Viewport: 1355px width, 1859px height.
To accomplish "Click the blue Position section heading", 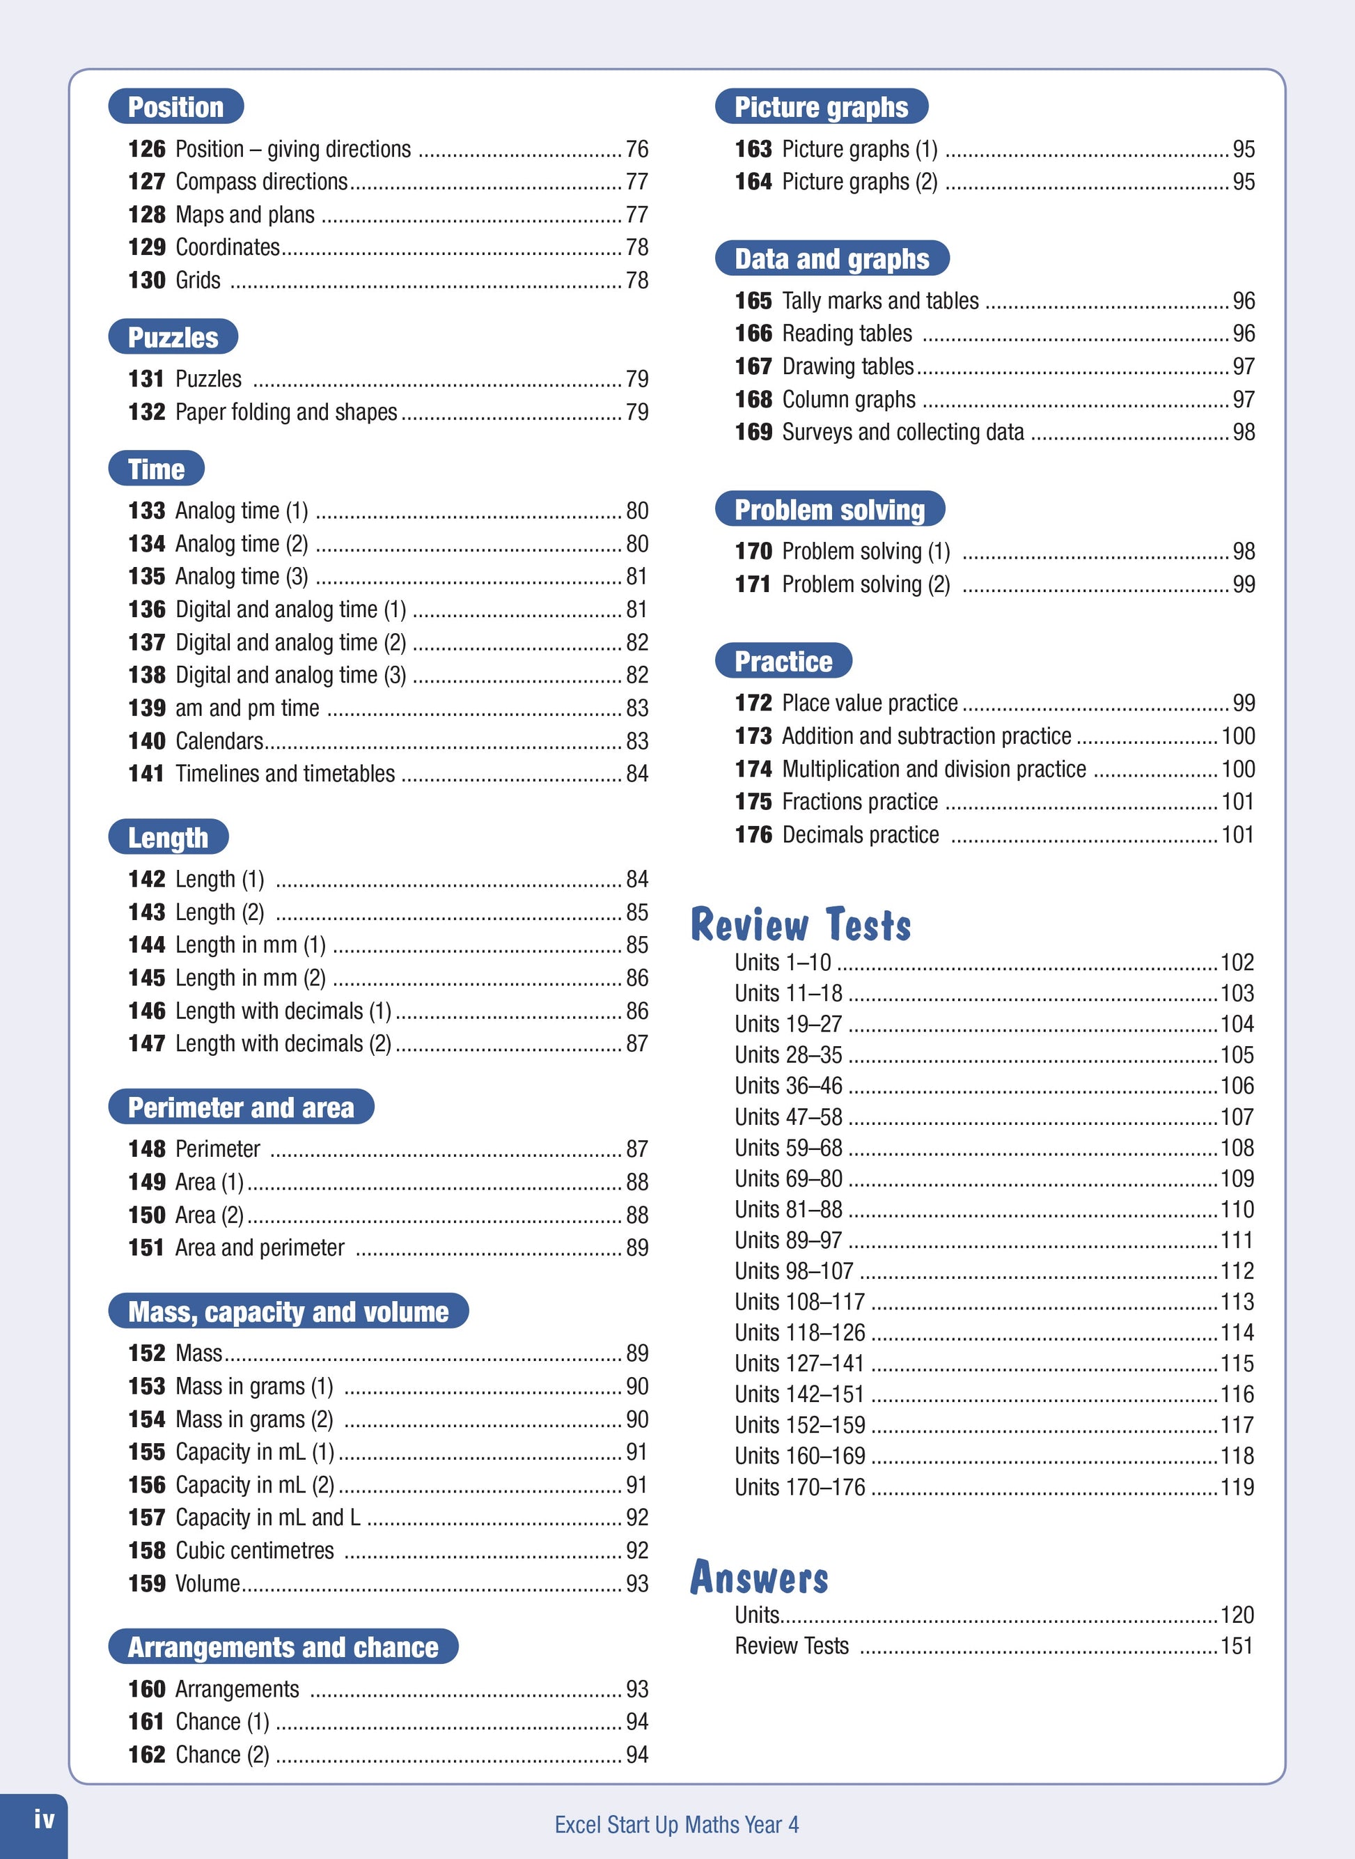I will [x=175, y=107].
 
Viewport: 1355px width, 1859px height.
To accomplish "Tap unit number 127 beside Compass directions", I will [x=146, y=181].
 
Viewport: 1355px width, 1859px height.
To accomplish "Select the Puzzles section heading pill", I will [x=173, y=337].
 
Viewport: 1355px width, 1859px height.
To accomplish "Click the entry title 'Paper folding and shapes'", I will [x=286, y=412].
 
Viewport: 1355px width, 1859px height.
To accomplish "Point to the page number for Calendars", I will [x=636, y=741].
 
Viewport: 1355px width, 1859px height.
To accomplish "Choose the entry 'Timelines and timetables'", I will [x=285, y=774].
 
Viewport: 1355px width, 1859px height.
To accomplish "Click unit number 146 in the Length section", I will [x=146, y=1011].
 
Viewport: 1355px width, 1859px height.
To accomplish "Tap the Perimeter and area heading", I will [x=241, y=1107].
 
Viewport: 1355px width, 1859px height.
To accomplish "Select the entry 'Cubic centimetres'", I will [x=254, y=1550].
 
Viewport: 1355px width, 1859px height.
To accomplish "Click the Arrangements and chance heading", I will [x=283, y=1647].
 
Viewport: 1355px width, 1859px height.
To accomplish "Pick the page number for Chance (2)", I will [x=636, y=1755].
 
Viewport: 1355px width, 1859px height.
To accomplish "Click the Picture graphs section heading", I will [x=821, y=107].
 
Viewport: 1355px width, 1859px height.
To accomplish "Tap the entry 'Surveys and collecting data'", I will [x=903, y=433].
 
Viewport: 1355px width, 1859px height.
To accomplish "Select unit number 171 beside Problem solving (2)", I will [x=752, y=584].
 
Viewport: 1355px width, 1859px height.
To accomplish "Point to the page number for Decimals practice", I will [x=1237, y=835].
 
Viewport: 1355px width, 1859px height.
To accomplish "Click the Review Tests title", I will [x=801, y=924].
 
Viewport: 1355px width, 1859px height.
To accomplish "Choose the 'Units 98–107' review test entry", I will [x=794, y=1270].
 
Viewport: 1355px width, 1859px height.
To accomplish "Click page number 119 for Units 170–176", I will [x=1237, y=1486].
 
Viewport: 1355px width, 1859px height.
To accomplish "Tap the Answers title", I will [x=759, y=1577].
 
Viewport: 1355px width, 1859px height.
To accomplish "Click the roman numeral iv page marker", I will [x=45, y=1819].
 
